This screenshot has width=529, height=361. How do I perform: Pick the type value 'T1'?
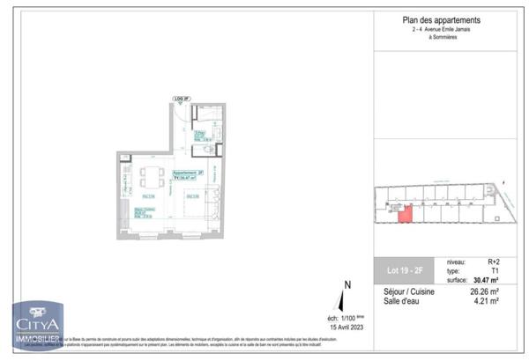pos(495,270)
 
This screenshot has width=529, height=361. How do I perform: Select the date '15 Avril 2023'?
pos(346,327)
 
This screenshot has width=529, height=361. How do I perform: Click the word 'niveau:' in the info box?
pos(458,262)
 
